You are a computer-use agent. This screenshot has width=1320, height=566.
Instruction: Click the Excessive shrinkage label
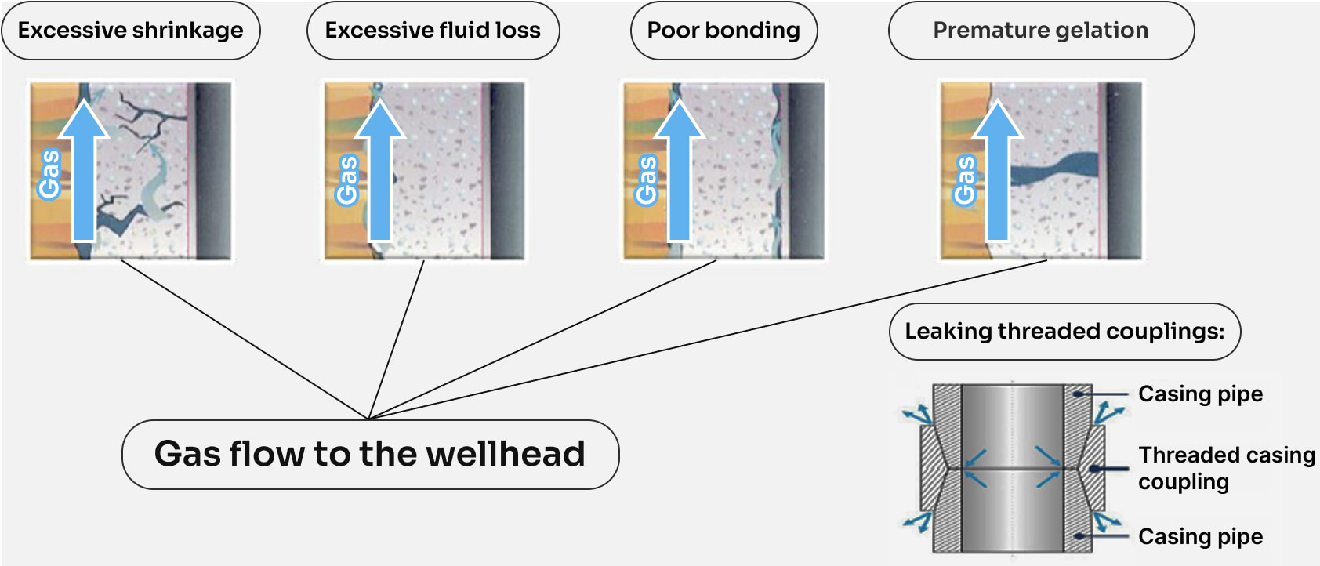131,31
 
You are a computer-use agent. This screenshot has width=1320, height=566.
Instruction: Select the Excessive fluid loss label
433,31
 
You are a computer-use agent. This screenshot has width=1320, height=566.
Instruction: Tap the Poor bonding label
723,31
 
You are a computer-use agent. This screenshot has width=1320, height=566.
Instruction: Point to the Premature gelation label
1041,31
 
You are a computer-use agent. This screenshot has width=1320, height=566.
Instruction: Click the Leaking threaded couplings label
1064,332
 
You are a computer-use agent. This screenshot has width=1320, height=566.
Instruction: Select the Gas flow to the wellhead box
371,455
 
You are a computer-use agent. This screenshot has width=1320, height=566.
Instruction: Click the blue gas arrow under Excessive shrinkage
85,170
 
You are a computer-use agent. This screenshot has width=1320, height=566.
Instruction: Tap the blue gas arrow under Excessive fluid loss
380,170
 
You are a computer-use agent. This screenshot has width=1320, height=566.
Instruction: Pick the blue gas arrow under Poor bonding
680,170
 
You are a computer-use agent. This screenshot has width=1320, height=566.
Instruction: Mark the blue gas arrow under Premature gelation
997,170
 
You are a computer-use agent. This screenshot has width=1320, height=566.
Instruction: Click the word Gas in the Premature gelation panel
965,180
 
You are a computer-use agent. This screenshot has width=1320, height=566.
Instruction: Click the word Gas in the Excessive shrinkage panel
49,174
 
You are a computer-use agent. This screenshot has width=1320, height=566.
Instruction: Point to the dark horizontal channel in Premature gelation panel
1054,169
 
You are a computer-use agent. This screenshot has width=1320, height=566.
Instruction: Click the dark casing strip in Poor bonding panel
806,170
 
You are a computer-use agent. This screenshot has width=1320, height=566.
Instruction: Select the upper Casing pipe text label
1200,394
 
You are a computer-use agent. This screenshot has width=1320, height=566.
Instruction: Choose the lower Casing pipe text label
1200,536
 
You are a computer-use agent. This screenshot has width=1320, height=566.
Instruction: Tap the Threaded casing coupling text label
1226,468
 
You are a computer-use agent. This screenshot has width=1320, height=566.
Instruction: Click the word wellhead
506,454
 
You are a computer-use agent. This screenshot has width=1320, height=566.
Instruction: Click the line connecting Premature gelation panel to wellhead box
707,339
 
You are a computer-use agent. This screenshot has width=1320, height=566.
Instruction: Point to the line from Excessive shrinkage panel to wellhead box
245,339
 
